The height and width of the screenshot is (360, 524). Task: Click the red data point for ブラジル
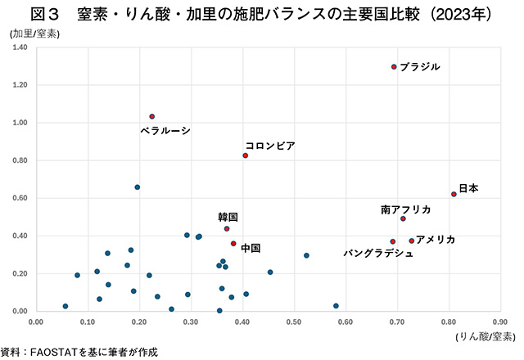[394, 67]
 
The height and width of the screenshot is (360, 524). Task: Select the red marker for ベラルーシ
[152, 116]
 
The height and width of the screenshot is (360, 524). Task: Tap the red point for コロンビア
[246, 155]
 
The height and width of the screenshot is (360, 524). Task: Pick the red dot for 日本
[454, 194]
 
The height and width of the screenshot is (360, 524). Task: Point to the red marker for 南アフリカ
[403, 218]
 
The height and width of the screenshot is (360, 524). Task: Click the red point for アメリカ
[412, 241]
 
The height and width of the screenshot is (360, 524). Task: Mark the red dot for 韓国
[227, 228]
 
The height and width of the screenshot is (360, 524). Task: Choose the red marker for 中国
[233, 243]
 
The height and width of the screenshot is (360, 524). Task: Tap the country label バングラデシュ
[377, 254]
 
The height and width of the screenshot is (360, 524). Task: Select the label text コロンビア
[270, 146]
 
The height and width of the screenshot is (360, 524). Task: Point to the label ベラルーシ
[165, 130]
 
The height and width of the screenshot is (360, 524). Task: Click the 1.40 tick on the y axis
[19, 47]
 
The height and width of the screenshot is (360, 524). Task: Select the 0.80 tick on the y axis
[19, 160]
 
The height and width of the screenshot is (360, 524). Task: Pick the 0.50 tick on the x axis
[294, 322]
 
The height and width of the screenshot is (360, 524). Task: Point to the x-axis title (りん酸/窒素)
[486, 335]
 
